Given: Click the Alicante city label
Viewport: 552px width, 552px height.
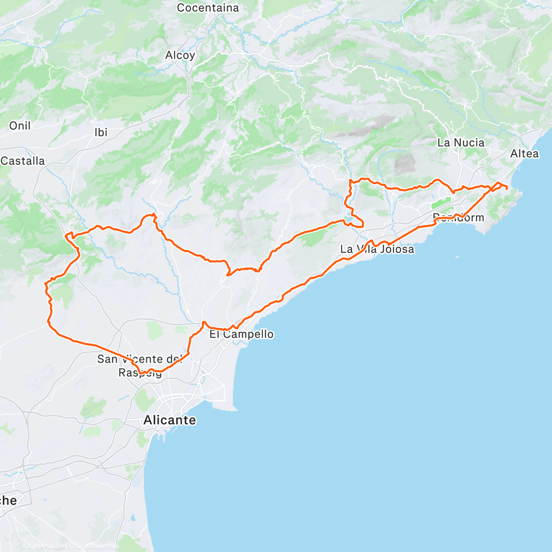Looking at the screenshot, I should click(169, 420).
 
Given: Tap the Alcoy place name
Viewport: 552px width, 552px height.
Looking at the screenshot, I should click(180, 56).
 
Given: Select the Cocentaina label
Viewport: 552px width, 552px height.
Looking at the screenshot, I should click(208, 8).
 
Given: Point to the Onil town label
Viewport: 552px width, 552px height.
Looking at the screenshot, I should click(20, 126).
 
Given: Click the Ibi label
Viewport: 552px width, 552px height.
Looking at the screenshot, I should click(101, 132).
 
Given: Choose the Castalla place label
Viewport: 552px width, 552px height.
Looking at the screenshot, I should click(23, 161).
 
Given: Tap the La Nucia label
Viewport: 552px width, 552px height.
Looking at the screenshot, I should click(460, 143).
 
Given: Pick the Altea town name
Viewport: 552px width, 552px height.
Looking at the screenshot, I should click(524, 154).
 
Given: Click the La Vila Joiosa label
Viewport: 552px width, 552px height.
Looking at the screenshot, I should click(377, 249).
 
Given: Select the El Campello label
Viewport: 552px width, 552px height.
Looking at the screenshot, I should click(241, 334).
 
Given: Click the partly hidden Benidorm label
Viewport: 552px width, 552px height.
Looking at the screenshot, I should click(459, 218).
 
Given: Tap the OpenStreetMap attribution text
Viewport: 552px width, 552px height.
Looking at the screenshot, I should click(97, 546).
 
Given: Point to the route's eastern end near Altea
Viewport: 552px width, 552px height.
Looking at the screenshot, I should click(506, 188).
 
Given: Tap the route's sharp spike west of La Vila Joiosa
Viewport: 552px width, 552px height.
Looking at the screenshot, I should click(228, 275).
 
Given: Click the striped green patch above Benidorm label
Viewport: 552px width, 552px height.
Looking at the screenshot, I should click(441, 202).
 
